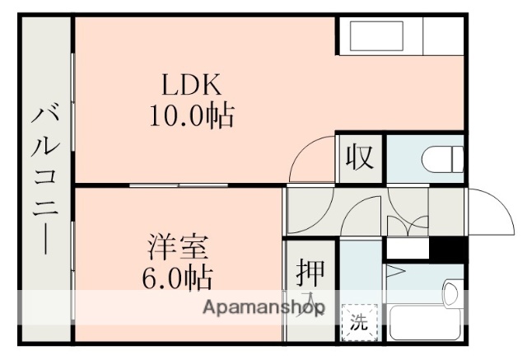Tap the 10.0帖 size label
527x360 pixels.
[x=191, y=115]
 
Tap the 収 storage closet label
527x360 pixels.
[x=361, y=157]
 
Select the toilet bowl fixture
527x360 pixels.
[x=441, y=157]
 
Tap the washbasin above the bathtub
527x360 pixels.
[x=452, y=292]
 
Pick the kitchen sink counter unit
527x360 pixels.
[x=380, y=37]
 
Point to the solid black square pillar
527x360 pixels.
[x=450, y=248]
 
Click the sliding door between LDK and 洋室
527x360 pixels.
[x=180, y=185]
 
